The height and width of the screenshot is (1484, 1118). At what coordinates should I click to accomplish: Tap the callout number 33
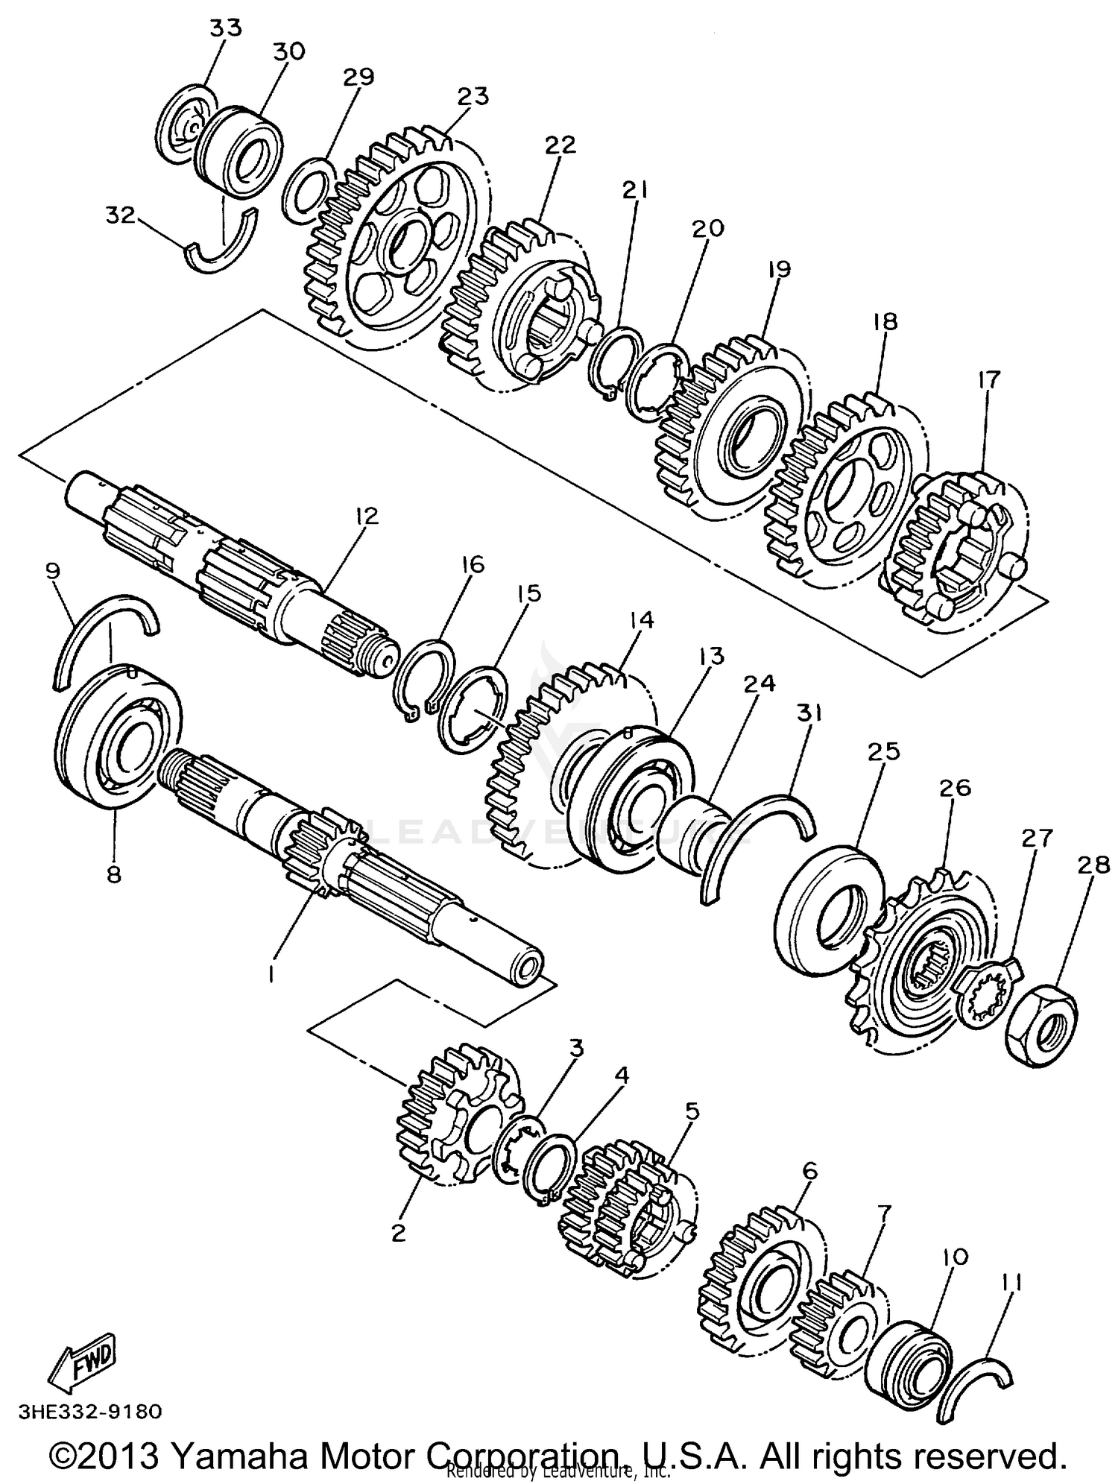click(225, 28)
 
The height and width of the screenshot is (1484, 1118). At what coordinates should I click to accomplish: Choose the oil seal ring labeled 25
click(827, 897)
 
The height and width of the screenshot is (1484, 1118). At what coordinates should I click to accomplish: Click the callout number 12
click(367, 516)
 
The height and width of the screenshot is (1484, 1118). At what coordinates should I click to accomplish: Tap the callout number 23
click(474, 96)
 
